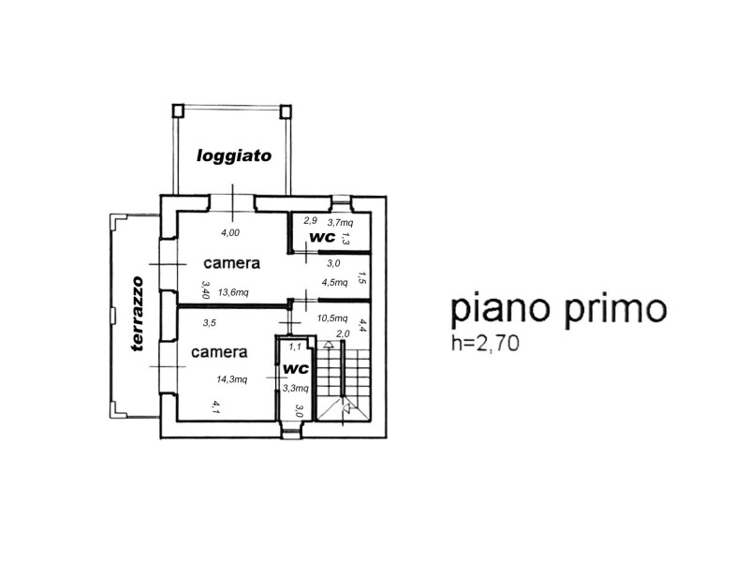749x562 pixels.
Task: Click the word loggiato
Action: pyautogui.click(x=234, y=155)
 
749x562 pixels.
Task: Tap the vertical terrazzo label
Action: pyautogui.click(x=138, y=314)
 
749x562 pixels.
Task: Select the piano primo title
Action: pyautogui.click(x=558, y=310)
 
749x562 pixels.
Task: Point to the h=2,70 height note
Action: pyautogui.click(x=485, y=343)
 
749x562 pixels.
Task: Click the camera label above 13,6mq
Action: pyautogui.click(x=231, y=263)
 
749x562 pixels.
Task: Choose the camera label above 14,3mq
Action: pyautogui.click(x=219, y=352)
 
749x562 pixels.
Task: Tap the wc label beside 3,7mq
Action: pyautogui.click(x=323, y=237)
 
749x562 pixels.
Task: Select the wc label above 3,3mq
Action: pyautogui.click(x=296, y=369)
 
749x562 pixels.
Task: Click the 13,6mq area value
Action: pyautogui.click(x=233, y=292)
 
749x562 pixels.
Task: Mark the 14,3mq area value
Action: pyautogui.click(x=231, y=379)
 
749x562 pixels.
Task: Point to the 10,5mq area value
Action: pyautogui.click(x=332, y=318)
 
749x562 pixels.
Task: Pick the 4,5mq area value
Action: pyautogui.click(x=334, y=282)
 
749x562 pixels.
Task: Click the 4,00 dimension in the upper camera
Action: pyautogui.click(x=230, y=232)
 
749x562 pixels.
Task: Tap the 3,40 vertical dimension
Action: pyautogui.click(x=206, y=289)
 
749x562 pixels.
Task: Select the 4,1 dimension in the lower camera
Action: pyautogui.click(x=215, y=407)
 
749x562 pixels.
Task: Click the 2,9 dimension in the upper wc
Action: pyautogui.click(x=311, y=220)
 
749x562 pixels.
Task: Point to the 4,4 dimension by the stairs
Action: pyautogui.click(x=362, y=325)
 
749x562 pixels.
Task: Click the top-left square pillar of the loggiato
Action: pyautogui.click(x=178, y=111)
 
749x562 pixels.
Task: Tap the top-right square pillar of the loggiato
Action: pyautogui.click(x=286, y=111)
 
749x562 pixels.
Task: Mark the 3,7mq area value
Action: pyautogui.click(x=340, y=222)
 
